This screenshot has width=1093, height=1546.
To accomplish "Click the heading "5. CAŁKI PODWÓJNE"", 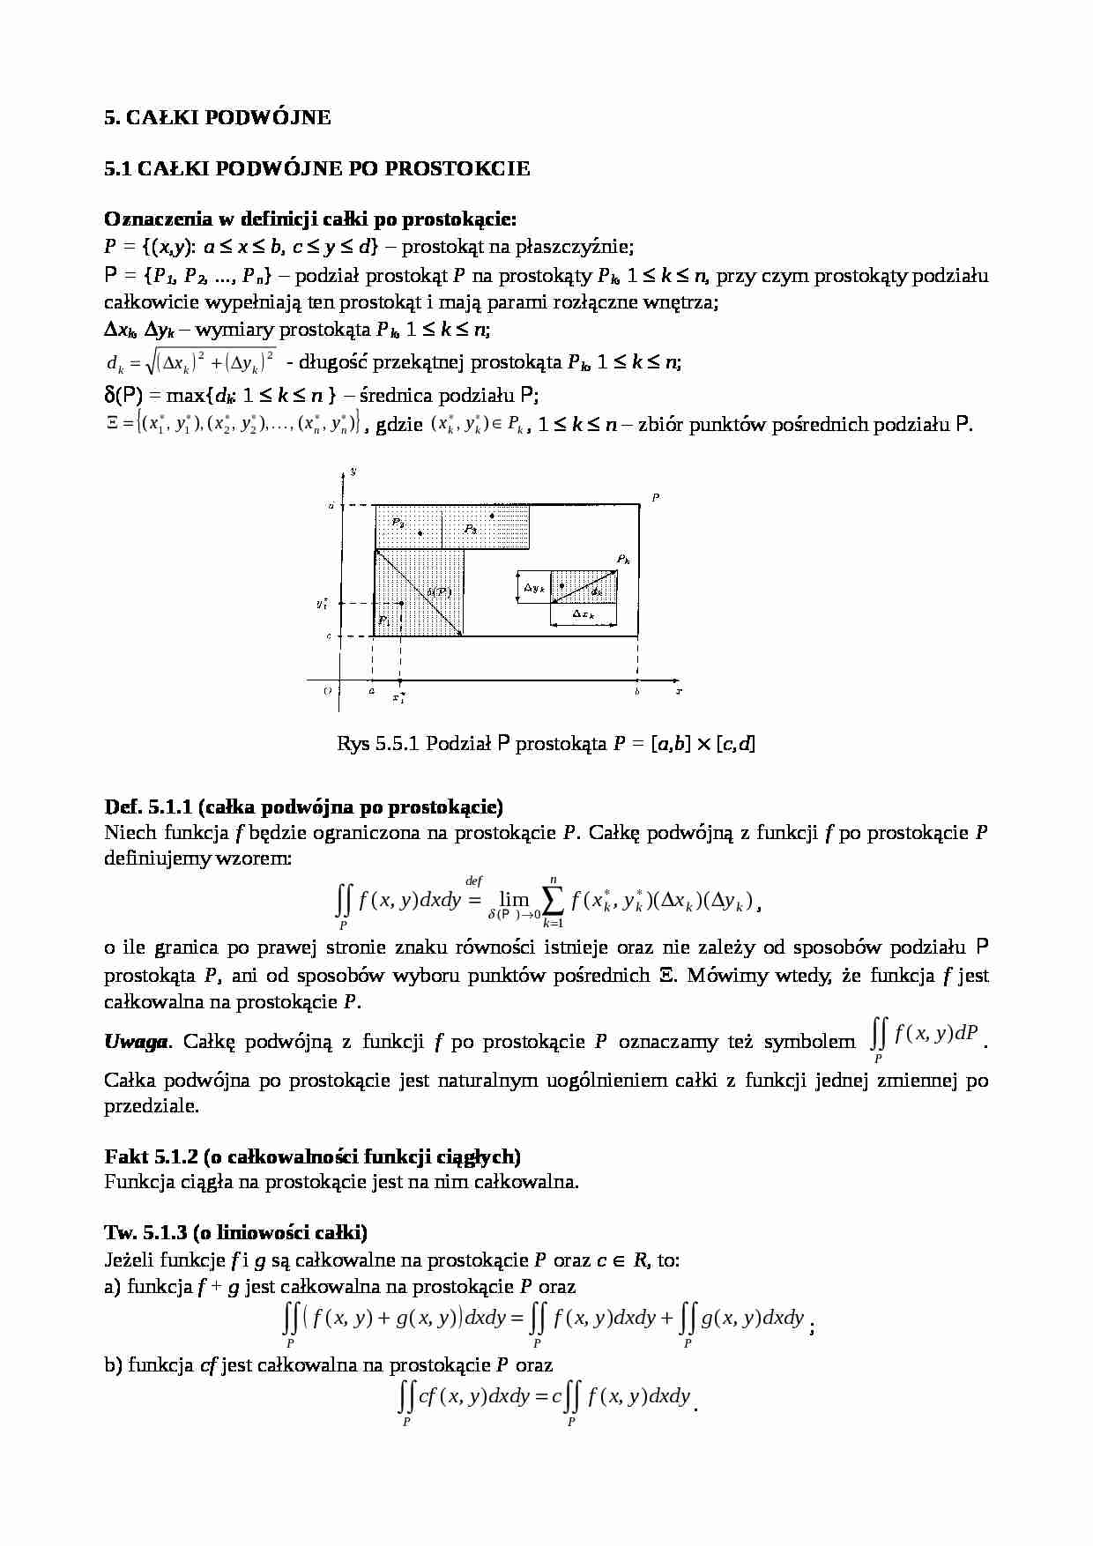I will point(217,117).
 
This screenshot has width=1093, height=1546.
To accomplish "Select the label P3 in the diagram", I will point(471,530).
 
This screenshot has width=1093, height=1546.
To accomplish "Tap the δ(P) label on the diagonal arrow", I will point(439,592).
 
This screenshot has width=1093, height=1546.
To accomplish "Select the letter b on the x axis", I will point(637,692).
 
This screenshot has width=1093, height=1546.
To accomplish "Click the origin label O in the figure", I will point(327,692).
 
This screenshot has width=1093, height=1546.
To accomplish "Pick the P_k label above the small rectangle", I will point(623,560).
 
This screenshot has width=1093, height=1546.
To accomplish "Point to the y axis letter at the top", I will point(353,472).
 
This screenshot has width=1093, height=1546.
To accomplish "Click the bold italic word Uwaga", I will point(136,1042).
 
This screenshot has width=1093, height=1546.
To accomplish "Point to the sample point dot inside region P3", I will point(493,516).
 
